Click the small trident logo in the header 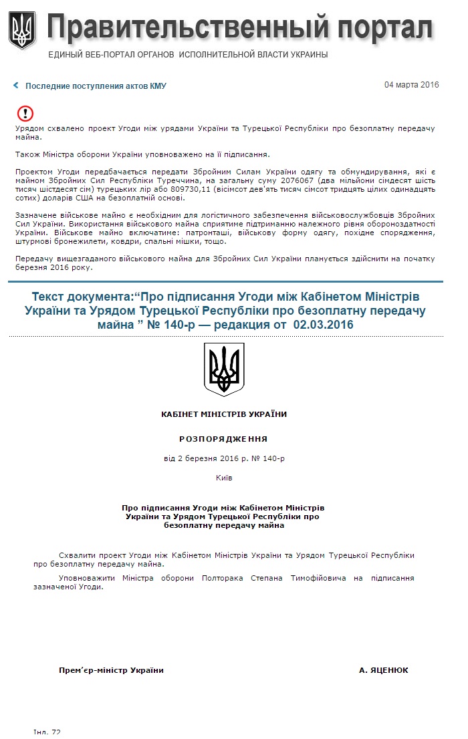tap(22, 30)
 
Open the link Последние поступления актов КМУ tap(96, 86)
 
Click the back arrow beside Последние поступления tap(16, 86)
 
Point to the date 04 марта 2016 tap(411, 85)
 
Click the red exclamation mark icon tap(25, 114)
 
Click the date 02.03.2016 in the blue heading tap(324, 324)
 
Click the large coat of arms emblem tap(224, 369)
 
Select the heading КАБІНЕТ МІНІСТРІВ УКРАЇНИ tap(224, 414)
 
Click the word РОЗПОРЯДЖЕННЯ tap(224, 439)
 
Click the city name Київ tap(224, 478)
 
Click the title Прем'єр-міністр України tap(111, 670)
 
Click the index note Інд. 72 tap(47, 732)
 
